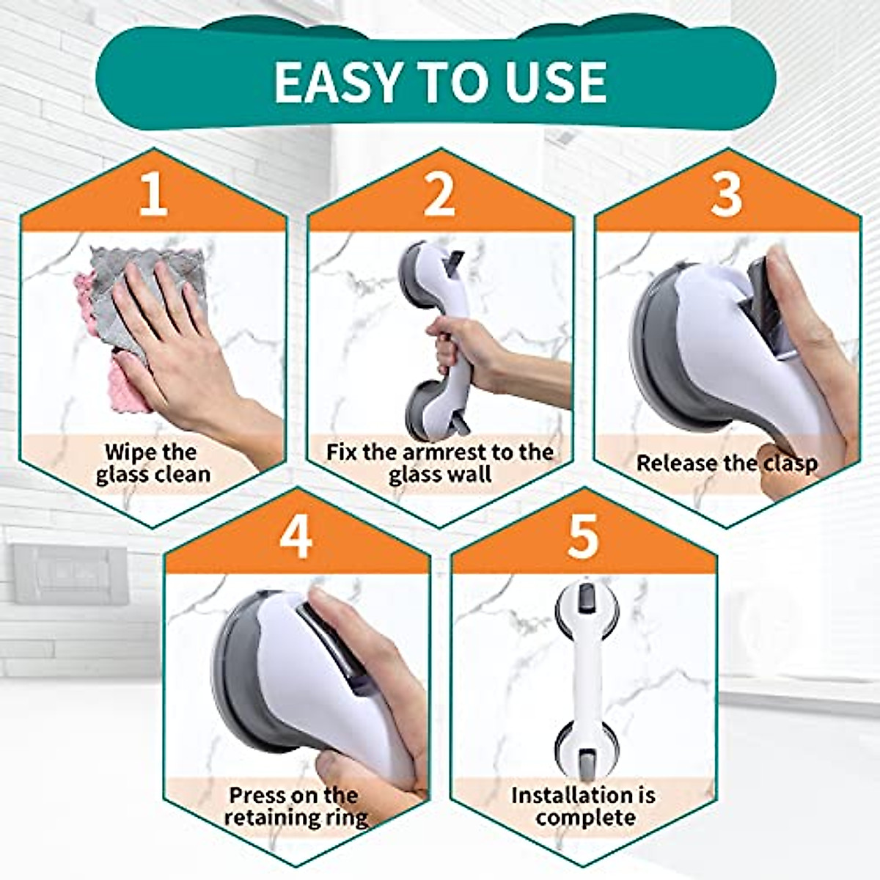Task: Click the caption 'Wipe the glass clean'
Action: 153,463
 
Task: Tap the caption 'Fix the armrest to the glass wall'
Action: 439,463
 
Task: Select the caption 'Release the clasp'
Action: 726,463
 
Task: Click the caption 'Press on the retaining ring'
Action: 296,806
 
